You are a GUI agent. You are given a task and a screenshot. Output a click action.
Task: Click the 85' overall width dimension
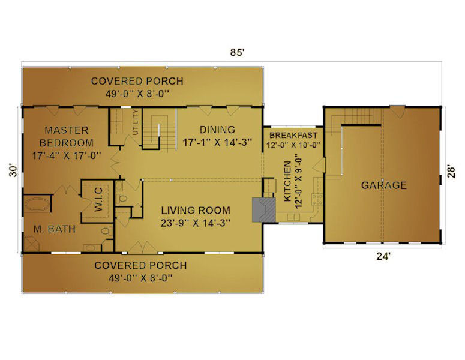pyautogui.click(x=237, y=52)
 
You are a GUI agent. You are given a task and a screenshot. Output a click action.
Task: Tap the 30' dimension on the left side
pyautogui.click(x=13, y=171)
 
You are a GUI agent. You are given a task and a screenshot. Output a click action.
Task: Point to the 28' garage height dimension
pyautogui.click(x=451, y=171)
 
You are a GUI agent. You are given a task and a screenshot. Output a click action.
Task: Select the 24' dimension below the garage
pyautogui.click(x=383, y=256)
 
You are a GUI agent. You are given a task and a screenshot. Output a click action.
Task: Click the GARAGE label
pyautogui.click(x=384, y=185)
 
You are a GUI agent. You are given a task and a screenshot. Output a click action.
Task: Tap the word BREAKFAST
pyautogui.click(x=293, y=136)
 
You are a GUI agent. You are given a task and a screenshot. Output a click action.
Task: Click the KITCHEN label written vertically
pyautogui.click(x=287, y=181)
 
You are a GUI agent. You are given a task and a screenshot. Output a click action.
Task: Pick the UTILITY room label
pyautogui.click(x=135, y=122)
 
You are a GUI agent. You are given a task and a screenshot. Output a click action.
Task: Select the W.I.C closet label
pyautogui.click(x=98, y=199)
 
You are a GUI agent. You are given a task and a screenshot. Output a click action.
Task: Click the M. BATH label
pyautogui.click(x=54, y=229)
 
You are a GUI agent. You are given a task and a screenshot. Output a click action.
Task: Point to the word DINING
pyautogui.click(x=217, y=130)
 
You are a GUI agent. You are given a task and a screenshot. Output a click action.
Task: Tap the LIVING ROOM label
pyautogui.click(x=196, y=210)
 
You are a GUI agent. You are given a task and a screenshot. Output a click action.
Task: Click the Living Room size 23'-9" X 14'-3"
pyautogui.click(x=196, y=223)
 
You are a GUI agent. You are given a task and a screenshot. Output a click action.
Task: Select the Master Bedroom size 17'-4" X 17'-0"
pyautogui.click(x=67, y=155)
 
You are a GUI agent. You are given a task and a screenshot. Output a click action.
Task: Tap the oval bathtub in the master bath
pyautogui.click(x=37, y=204)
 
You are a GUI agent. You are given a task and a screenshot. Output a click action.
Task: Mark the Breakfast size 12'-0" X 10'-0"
pyautogui.click(x=293, y=145)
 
